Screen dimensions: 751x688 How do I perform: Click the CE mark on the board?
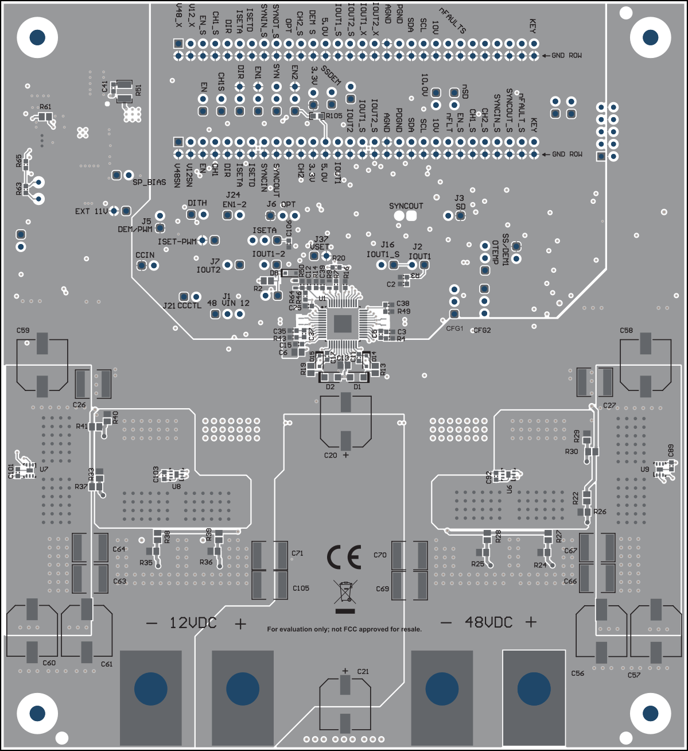click(344, 557)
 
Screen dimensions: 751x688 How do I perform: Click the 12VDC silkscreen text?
click(193, 622)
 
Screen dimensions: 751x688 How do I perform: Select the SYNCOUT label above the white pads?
click(406, 206)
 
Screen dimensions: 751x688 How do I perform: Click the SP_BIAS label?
click(149, 183)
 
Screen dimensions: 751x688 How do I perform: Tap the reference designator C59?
click(23, 331)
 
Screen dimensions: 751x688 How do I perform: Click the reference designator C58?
click(626, 331)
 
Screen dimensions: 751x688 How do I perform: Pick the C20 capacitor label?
click(331, 455)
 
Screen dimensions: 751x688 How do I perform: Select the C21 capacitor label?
click(363, 671)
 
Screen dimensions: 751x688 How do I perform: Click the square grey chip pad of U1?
click(343, 323)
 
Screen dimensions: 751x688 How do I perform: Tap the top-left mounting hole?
click(37, 37)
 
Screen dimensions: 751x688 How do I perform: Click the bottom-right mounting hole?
click(650, 713)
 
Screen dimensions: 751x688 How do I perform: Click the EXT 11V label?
click(91, 211)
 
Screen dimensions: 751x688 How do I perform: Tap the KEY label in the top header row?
click(533, 25)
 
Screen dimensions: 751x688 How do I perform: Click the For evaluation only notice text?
click(344, 629)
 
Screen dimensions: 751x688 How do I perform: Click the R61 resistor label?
click(45, 107)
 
